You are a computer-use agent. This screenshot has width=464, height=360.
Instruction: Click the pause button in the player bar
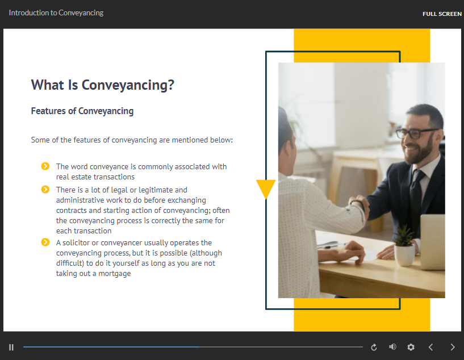click(11, 347)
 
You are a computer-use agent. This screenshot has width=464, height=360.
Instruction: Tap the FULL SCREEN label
click(442, 14)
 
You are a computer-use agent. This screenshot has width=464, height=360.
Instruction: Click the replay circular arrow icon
click(374, 347)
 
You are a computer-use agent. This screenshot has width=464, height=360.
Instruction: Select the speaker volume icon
click(392, 347)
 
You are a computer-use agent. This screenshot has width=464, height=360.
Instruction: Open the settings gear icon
click(411, 347)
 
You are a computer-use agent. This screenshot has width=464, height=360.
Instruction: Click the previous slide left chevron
click(431, 347)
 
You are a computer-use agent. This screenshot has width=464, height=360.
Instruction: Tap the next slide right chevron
click(453, 347)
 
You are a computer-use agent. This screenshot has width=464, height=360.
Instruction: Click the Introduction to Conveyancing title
click(56, 12)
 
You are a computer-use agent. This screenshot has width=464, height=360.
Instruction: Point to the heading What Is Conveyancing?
click(103, 85)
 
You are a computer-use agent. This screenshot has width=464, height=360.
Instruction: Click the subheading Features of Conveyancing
click(82, 111)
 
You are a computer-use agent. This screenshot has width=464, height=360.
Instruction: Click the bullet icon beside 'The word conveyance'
click(45, 166)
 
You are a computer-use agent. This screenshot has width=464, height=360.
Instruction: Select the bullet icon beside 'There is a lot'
click(45, 189)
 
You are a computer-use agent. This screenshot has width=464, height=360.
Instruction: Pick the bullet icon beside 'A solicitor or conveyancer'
click(45, 242)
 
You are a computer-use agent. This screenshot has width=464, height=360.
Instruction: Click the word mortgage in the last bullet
click(115, 274)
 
